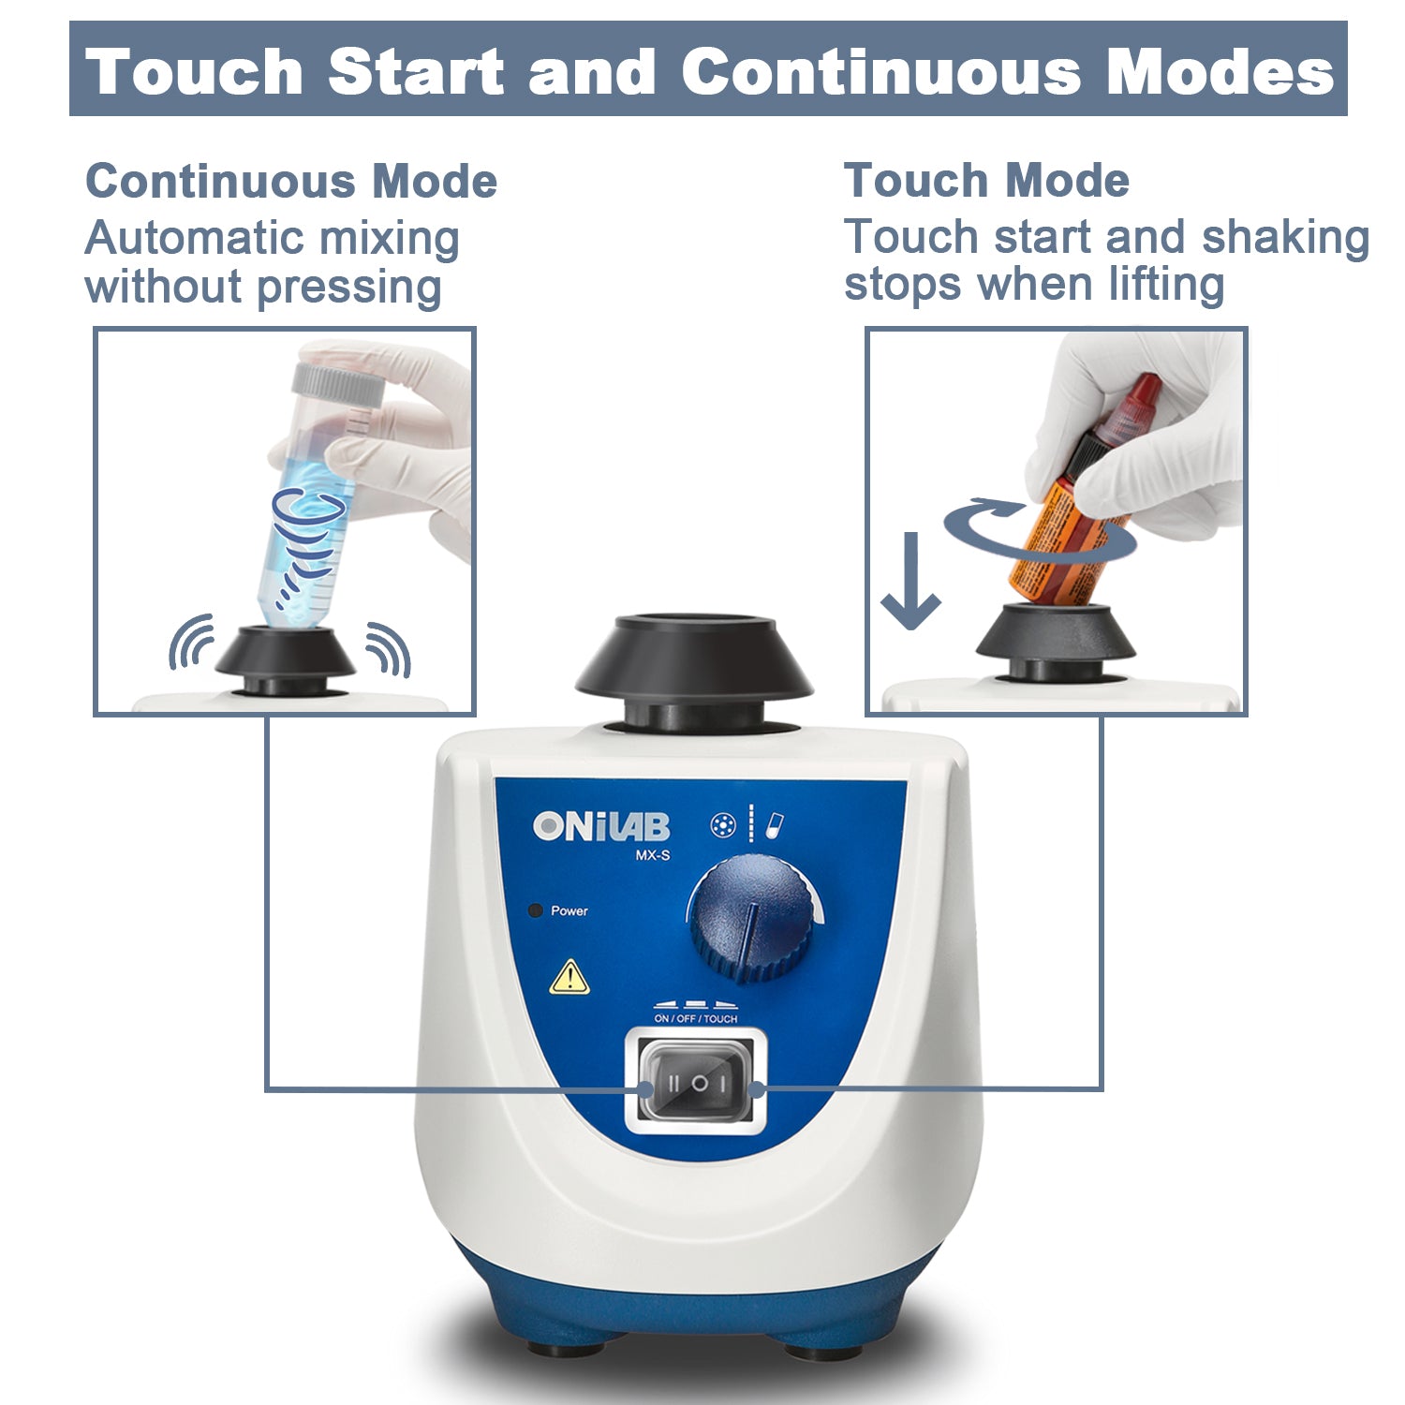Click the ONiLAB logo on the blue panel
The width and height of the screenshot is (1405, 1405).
[600, 826]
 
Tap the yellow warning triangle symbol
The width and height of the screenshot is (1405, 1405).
[569, 978]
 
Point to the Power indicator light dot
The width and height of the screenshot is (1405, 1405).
[537, 910]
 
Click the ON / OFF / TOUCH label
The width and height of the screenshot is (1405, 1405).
[695, 1018]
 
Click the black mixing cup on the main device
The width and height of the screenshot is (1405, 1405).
[694, 660]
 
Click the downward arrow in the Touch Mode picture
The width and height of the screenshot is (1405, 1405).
[910, 581]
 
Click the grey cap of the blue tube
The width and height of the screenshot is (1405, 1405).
[336, 384]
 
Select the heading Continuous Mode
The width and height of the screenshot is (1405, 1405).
[290, 181]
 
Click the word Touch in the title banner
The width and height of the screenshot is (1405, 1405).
[195, 72]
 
